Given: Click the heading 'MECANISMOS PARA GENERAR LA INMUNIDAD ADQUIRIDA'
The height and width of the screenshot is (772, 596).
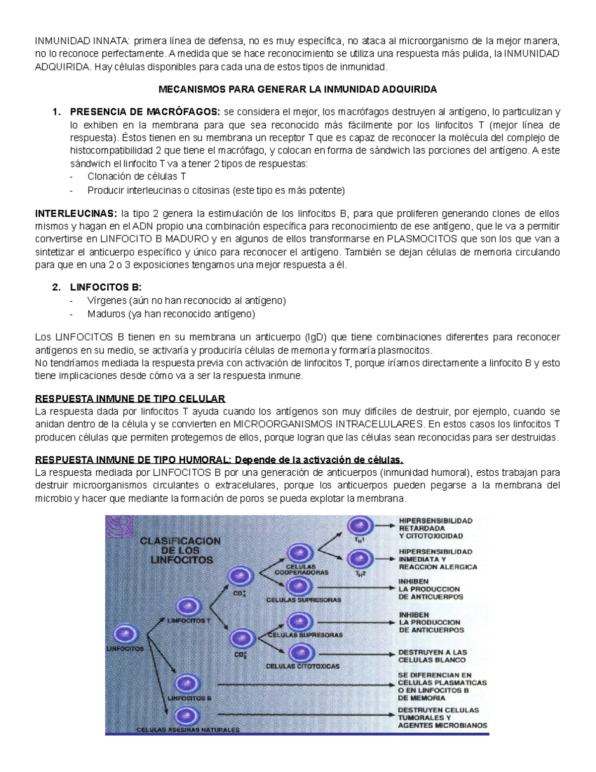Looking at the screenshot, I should (298, 89).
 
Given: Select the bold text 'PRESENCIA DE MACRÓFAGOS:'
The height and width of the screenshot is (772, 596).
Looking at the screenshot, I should (146, 111).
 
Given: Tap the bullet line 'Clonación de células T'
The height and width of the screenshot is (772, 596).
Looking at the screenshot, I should (137, 176).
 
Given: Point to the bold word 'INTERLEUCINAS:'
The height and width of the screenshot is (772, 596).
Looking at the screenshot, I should (76, 214).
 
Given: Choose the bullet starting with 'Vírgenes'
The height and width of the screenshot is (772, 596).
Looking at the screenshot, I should (186, 301).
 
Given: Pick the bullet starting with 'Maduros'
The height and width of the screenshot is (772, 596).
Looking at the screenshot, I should (171, 314).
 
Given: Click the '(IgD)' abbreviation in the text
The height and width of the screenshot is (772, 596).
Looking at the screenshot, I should (317, 338).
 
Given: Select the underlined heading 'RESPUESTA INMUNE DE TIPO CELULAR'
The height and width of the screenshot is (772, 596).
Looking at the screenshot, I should (130, 399).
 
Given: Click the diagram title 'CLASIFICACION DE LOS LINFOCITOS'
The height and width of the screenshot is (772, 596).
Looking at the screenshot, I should (180, 550).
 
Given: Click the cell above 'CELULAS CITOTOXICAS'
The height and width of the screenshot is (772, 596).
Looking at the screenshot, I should (301, 653).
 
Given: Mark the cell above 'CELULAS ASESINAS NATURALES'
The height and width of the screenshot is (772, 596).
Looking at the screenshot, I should (188, 716).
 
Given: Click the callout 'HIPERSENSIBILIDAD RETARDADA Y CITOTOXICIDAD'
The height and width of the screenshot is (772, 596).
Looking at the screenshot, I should (436, 528).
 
